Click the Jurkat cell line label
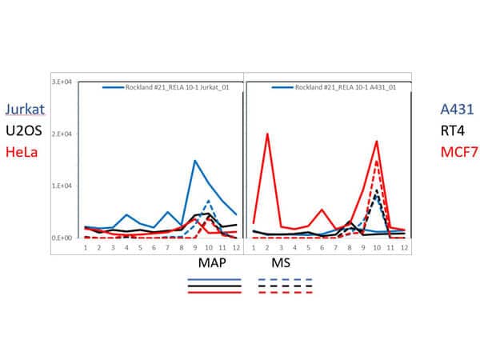(x=25, y=110)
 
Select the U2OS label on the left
(x=23, y=130)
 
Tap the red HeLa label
(x=22, y=150)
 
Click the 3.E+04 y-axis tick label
(x=64, y=82)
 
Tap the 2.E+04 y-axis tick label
(x=64, y=134)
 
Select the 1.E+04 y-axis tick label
(x=64, y=186)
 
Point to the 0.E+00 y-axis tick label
(x=64, y=238)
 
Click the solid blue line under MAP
(x=214, y=280)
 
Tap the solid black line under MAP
(x=214, y=286)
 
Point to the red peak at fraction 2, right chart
(x=266, y=134)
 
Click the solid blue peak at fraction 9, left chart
(x=194, y=161)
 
